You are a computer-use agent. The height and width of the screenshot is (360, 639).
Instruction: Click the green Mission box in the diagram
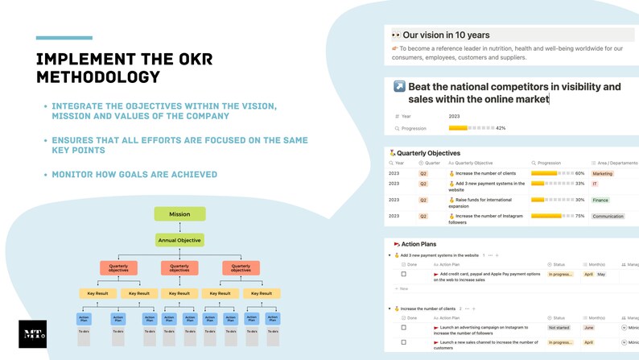click(179, 214)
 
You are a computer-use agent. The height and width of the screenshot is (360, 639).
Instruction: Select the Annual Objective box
click(179, 240)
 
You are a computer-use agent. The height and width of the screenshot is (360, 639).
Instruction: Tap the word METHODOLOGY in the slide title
click(98, 77)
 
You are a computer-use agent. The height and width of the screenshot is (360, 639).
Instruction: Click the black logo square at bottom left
click(32, 334)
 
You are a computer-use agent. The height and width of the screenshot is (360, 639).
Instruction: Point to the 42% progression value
click(501, 128)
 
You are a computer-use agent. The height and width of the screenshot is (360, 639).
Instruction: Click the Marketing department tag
click(602, 173)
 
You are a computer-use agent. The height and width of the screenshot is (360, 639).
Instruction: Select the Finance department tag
click(600, 200)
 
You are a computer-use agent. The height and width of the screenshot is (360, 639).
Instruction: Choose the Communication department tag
click(608, 216)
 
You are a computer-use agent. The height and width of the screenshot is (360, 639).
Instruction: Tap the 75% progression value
click(580, 216)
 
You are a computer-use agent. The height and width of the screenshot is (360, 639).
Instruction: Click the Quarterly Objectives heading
click(428, 153)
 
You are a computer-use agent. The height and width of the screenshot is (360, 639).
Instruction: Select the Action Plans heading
click(418, 244)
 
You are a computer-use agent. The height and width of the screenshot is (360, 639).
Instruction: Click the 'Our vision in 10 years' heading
click(446, 35)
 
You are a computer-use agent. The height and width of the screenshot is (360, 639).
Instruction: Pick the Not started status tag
click(559, 328)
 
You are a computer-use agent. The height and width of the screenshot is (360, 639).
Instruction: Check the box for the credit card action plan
click(404, 275)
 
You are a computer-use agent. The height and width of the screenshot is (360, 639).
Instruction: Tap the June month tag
click(588, 328)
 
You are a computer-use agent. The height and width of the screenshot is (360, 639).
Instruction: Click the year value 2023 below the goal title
click(454, 116)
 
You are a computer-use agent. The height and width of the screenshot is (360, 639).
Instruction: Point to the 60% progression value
click(580, 173)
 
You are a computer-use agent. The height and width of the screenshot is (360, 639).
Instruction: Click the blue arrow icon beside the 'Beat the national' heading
click(399, 86)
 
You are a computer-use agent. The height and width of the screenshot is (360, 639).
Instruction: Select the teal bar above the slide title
click(64, 38)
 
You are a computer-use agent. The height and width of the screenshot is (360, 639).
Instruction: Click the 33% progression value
click(580, 184)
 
